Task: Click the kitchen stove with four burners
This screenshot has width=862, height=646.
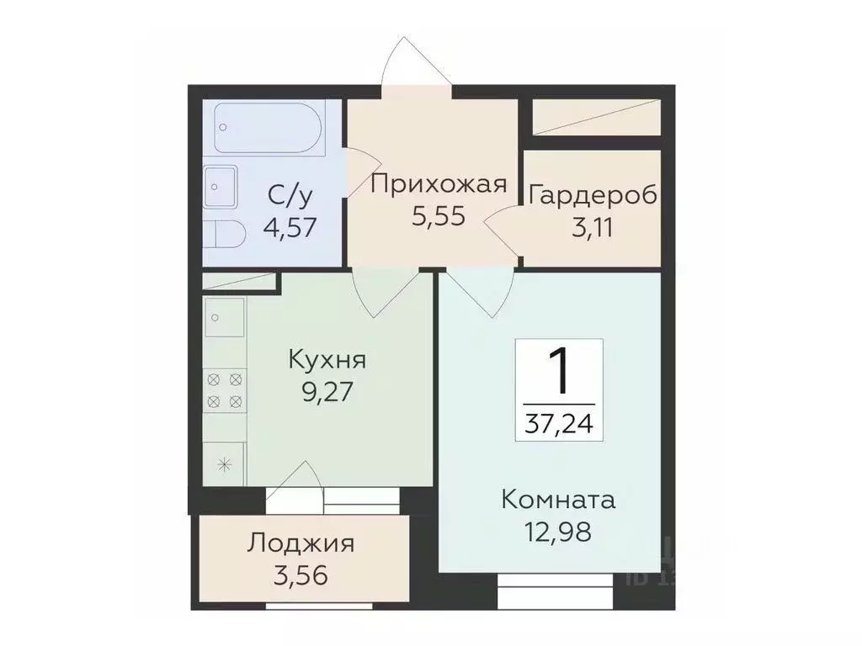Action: pos(225,389)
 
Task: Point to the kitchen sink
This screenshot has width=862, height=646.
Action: pos(224,319)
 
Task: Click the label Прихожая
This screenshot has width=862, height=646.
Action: pos(438,184)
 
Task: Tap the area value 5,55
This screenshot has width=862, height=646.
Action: pos(438,215)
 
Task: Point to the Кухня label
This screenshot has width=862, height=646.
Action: pos(327,360)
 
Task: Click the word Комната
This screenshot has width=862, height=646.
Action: pos(558,500)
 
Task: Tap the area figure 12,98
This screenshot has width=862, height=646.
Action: pos(558,532)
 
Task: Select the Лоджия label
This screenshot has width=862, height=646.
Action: pos(301,543)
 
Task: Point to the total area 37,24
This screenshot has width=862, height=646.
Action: pos(558,423)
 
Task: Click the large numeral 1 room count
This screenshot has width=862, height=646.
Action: pos(558,374)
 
